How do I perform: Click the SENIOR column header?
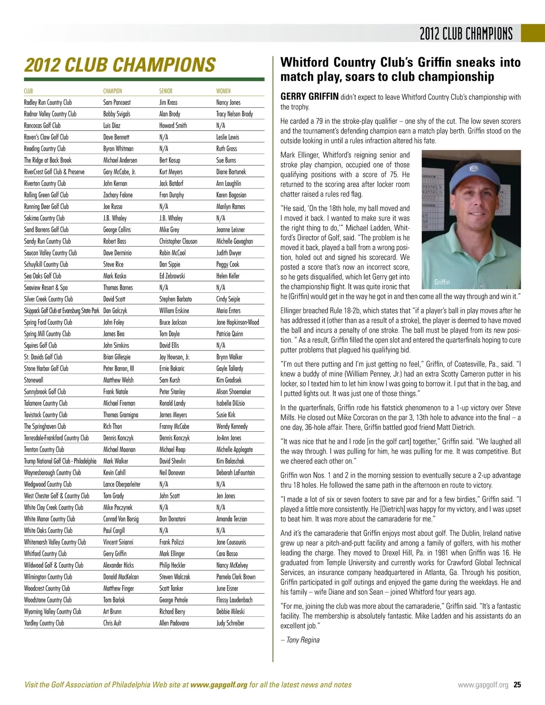coord(166,91)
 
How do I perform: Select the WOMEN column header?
coord(223,91)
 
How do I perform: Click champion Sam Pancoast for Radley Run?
coord(117,103)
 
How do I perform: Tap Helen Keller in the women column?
coord(228,276)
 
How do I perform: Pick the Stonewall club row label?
coord(34,380)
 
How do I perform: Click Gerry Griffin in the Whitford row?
coord(115,554)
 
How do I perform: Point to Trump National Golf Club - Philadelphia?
coord(60,461)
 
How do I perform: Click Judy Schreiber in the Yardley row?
coord(230,623)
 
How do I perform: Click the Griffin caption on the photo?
coord(441,282)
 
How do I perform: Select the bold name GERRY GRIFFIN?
coord(309,97)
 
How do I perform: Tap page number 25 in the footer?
coord(517,685)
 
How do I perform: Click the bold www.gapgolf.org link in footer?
coord(219,685)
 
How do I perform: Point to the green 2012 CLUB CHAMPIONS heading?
coord(120,65)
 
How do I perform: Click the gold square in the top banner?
coord(532,33)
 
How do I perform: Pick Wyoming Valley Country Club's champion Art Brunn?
coord(112,611)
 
